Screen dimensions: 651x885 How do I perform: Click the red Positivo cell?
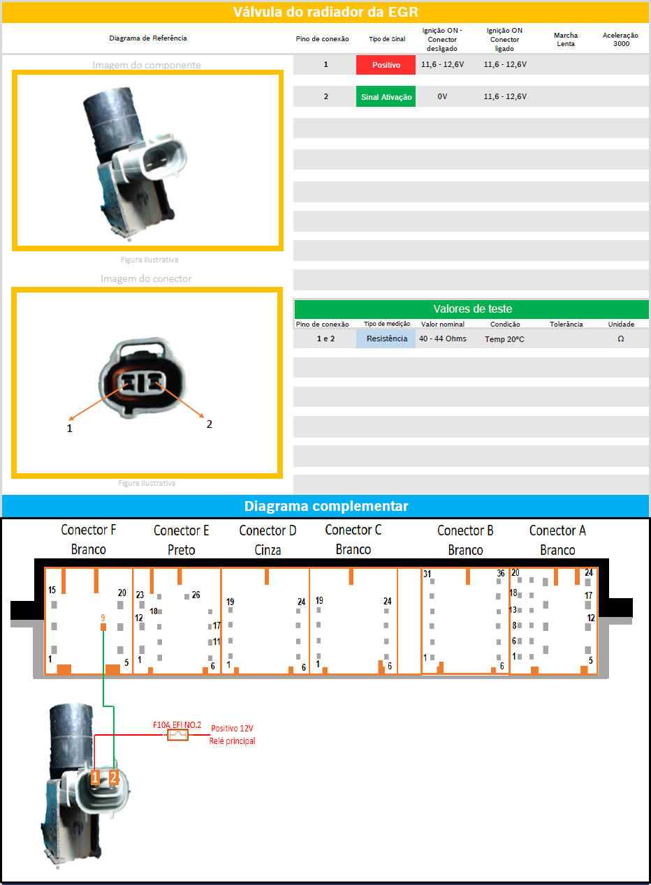point(386,65)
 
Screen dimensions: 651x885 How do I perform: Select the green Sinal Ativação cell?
point(386,97)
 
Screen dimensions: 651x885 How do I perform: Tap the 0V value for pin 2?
point(442,97)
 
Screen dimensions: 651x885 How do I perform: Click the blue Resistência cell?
point(386,339)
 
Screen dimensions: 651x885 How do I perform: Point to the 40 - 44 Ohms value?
point(443,339)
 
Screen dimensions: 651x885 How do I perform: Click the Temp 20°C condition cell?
point(504,339)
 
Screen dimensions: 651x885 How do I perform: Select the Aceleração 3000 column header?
point(620,40)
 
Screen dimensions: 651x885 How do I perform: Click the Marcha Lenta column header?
point(566,40)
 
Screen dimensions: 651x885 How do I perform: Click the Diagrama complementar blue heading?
point(325,506)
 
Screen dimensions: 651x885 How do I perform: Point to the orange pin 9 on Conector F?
point(103,627)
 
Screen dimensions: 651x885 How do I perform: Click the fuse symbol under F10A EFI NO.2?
point(177,735)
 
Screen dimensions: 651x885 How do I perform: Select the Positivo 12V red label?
point(232,728)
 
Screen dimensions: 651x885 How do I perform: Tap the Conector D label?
point(268,530)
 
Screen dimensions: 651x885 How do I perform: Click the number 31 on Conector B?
point(427,574)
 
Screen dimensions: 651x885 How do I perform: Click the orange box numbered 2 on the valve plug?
point(113,777)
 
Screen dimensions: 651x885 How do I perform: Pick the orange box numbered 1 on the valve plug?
point(94,777)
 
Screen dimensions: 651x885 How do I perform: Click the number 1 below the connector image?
point(70,429)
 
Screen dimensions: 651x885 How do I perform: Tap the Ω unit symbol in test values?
point(620,339)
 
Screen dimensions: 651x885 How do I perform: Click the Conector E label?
point(181,530)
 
